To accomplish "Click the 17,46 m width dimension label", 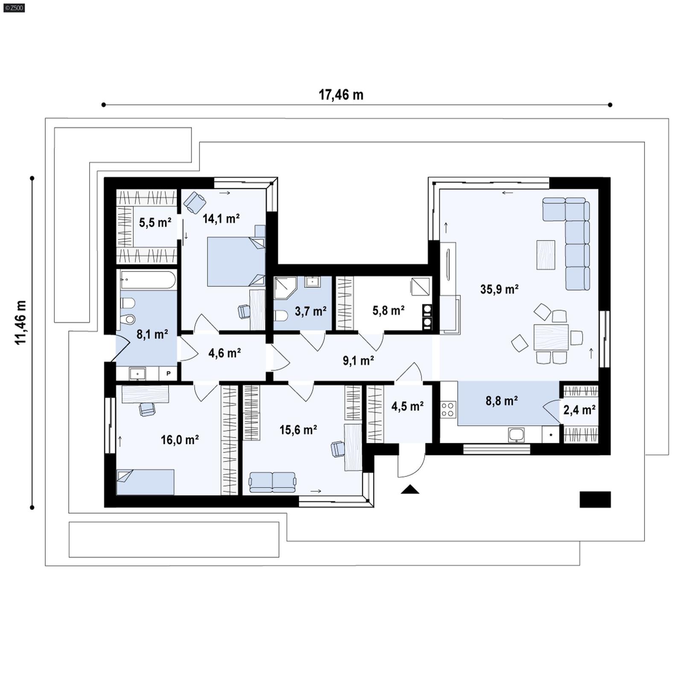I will pyautogui.click(x=341, y=95).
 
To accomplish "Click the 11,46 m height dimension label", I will pyautogui.click(x=20, y=322).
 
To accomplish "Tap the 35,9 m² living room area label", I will pyautogui.click(x=499, y=289).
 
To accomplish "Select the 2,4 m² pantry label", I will pyautogui.click(x=579, y=410).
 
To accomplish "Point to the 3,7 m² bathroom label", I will pyautogui.click(x=310, y=311).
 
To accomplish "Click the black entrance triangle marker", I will pyautogui.click(x=410, y=490).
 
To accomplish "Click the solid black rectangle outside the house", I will pyautogui.click(x=595, y=499).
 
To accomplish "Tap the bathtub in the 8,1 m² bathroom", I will pyautogui.click(x=148, y=280).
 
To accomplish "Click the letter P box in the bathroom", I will pyautogui.click(x=169, y=374).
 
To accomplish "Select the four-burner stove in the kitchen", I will pyautogui.click(x=448, y=409).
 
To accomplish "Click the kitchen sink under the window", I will pyautogui.click(x=516, y=435).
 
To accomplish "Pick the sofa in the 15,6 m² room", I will pyautogui.click(x=272, y=482).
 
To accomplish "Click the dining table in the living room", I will pyautogui.click(x=551, y=337).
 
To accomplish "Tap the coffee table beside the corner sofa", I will pyautogui.click(x=546, y=255).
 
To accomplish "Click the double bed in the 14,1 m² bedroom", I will pyautogui.click(x=236, y=262).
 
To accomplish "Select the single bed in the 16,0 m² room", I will pyautogui.click(x=145, y=482).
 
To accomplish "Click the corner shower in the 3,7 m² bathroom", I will pyautogui.click(x=285, y=287).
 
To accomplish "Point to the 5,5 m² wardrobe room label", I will pyautogui.click(x=155, y=222).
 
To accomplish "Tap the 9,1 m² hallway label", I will pyautogui.click(x=358, y=361).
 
